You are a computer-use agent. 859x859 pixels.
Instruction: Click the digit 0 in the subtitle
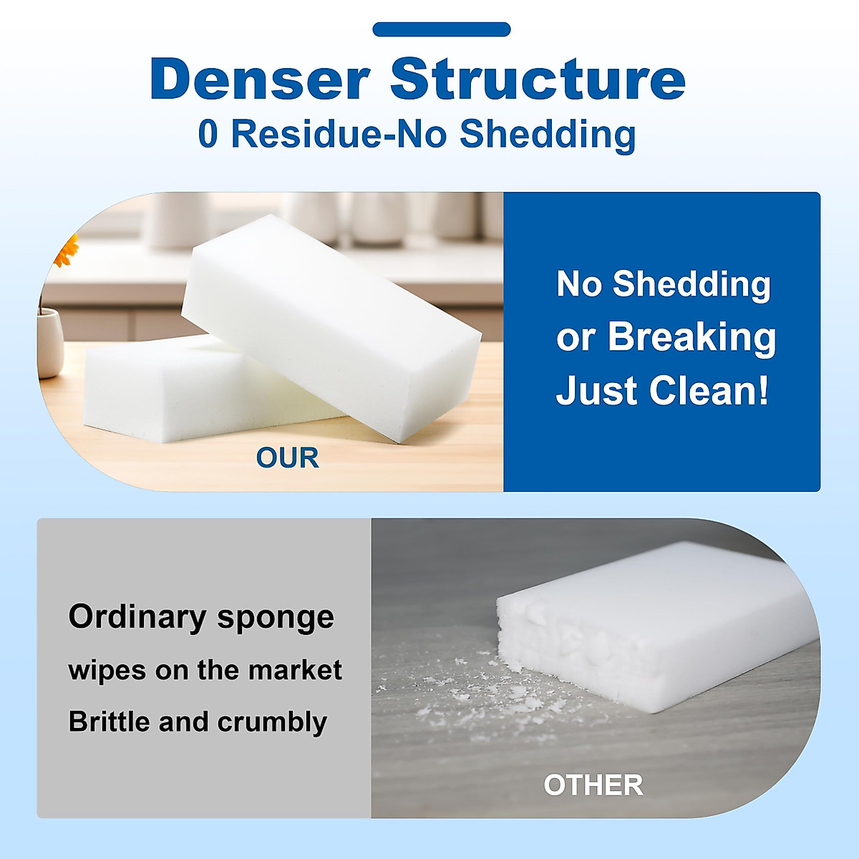208,134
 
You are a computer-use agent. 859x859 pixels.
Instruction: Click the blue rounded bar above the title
441,29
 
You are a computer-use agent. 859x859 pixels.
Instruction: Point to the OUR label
287,458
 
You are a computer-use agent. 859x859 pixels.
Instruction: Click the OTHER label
593,785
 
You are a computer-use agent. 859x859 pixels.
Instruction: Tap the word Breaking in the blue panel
691,337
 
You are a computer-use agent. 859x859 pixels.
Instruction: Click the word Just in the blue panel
597,391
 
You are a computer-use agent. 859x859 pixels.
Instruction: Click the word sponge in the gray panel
276,618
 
